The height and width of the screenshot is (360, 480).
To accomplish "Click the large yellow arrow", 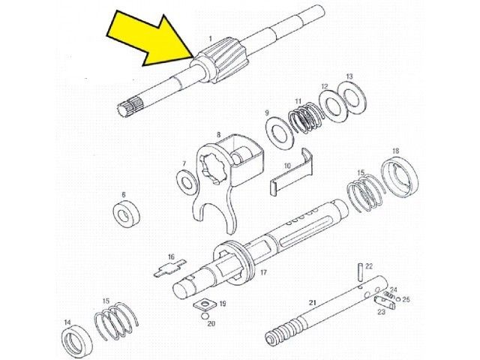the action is (x=150, y=39).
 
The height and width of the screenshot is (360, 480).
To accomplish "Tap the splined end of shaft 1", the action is (x=130, y=106).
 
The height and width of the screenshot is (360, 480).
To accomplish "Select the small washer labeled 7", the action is (x=187, y=181).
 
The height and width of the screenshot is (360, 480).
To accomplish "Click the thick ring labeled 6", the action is (x=126, y=213).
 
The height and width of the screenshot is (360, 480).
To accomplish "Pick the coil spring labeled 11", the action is (x=307, y=118).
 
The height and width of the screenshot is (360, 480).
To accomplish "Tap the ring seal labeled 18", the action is (x=400, y=177).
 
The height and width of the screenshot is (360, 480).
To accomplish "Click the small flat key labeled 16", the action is (x=170, y=268).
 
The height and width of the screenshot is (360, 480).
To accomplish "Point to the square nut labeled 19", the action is (x=205, y=304).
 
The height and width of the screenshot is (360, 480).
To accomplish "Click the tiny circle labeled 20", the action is (x=205, y=316).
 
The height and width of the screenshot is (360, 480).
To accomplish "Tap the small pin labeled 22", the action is (x=361, y=271).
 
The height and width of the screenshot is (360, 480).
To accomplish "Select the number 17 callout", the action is (x=263, y=271).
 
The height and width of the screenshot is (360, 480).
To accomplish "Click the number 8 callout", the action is (x=218, y=134).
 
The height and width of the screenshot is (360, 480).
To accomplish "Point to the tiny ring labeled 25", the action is (x=398, y=299).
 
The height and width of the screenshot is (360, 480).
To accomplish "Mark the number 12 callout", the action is (x=325, y=87).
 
